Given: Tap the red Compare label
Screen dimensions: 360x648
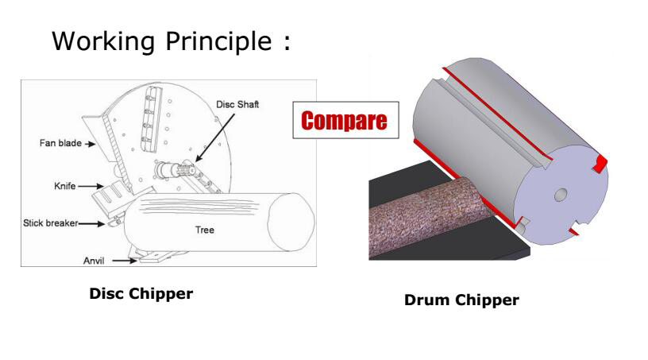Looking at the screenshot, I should click(343, 122).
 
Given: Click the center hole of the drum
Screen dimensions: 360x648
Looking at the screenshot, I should click(561, 194).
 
